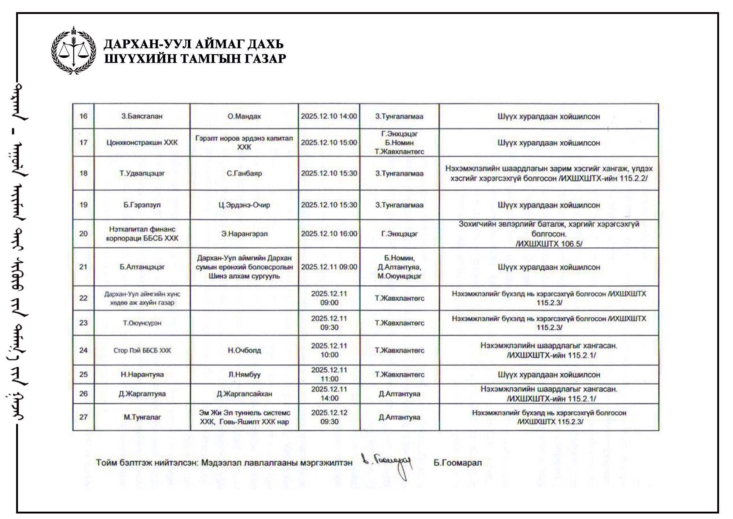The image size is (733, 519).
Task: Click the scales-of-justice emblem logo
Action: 74,50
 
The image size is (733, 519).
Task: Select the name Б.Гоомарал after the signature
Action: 457,463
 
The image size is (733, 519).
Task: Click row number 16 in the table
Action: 83,116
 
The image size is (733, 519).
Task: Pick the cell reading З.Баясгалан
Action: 142,116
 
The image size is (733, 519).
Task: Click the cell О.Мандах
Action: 244,116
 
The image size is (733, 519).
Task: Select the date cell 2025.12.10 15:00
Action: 329,143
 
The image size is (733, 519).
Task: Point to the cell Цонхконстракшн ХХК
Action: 142,143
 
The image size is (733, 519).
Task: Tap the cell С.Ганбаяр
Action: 244,173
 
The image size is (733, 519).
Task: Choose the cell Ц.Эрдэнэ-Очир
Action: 244,205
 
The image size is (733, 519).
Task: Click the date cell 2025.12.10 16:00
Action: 329,234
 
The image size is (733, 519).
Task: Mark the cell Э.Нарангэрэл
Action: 244,234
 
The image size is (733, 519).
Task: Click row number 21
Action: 83,267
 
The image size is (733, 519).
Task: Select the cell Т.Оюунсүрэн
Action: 142,323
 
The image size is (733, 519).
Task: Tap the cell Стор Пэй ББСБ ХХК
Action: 142,351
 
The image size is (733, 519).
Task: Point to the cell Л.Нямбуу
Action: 244,375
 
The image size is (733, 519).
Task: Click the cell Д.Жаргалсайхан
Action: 244,394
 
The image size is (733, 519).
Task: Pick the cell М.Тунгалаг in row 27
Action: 142,417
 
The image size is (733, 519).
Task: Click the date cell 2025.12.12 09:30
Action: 329,417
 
